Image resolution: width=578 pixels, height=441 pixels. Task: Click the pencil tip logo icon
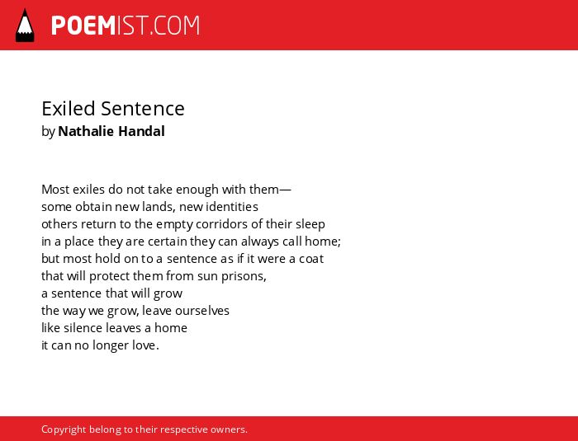point(25,25)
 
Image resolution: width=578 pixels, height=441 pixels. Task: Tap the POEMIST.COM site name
point(126,26)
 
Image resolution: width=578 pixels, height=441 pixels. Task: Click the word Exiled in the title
point(69,109)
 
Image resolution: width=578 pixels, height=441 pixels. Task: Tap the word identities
point(232,207)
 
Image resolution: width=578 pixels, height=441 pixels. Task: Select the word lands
point(159,207)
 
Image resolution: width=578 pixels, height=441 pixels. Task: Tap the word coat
point(311,259)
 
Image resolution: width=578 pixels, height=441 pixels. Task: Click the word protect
point(110,276)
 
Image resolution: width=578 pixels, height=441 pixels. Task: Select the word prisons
point(244,276)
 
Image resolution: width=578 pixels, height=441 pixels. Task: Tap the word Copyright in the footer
point(64,430)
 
